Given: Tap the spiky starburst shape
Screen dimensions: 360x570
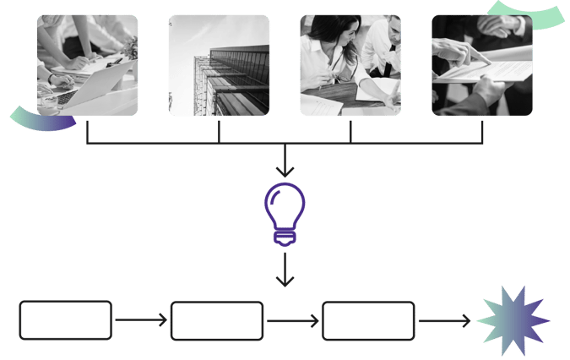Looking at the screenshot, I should pyautogui.click(x=513, y=321).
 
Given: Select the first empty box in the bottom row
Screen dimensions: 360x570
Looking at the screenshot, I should pyautogui.click(x=66, y=321).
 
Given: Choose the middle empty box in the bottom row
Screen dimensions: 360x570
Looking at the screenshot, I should pyautogui.click(x=217, y=321).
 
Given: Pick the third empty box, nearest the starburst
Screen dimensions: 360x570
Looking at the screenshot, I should pyautogui.click(x=368, y=321).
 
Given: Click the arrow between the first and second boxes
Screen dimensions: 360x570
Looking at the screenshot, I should pyautogui.click(x=141, y=321).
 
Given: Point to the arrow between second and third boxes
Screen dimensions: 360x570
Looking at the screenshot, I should pyautogui.click(x=292, y=321).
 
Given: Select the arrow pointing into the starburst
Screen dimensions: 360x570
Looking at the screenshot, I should pyautogui.click(x=444, y=321).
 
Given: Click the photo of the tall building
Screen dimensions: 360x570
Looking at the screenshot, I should pyautogui.click(x=220, y=65).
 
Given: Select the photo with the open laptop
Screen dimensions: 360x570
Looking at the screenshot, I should pyautogui.click(x=87, y=65).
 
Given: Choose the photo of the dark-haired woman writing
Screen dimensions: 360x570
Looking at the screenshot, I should pyautogui.click(x=350, y=65).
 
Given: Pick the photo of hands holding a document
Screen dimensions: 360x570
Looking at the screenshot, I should pyautogui.click(x=482, y=65).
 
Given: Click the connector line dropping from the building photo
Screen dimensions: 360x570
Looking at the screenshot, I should pyautogui.click(x=220, y=130).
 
